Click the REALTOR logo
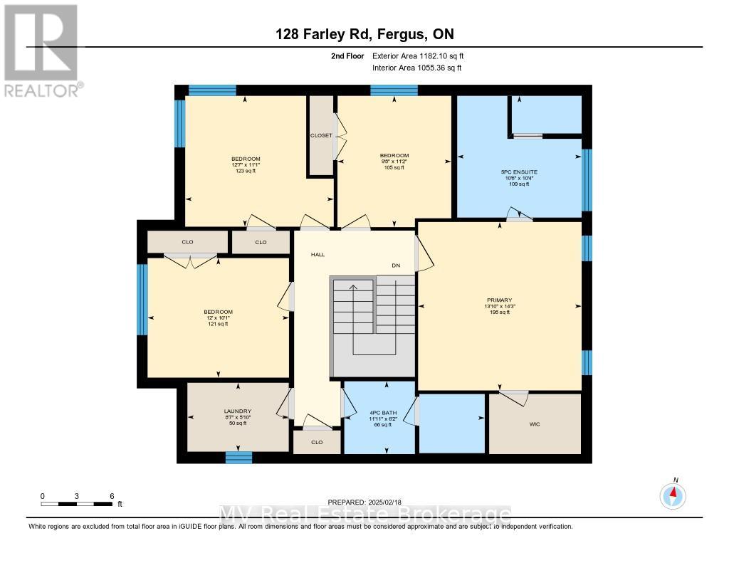pos(41,50)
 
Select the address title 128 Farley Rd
pos(364,35)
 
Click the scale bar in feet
pos(77,503)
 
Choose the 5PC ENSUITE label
pos(518,172)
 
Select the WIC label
pos(535,424)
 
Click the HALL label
pos(318,254)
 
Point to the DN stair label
pos(397,265)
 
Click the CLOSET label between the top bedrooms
pos(320,135)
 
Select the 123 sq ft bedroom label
pos(246,164)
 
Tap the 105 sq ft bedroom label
pos(394,162)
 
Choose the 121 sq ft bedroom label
pos(218,317)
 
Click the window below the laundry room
pos(238,457)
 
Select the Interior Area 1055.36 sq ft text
pos(416,68)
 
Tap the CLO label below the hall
pos(317,442)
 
